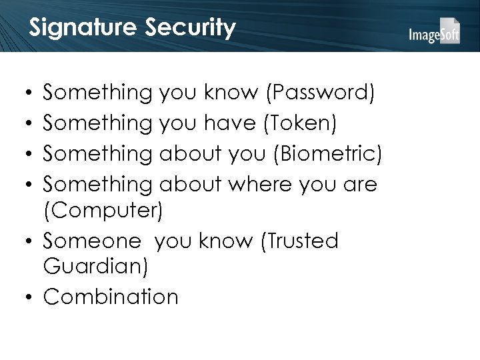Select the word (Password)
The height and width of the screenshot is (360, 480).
[320, 94]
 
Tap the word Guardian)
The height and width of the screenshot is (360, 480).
[96, 267]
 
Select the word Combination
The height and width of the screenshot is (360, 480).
[111, 297]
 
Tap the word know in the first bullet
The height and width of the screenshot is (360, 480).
[237, 94]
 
